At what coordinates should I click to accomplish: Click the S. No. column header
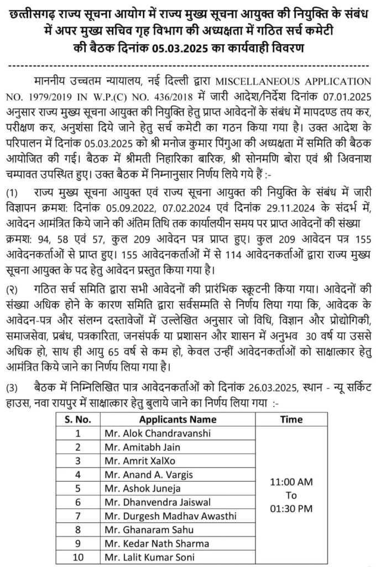pos(78,419)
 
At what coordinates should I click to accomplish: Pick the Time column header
pos(291,419)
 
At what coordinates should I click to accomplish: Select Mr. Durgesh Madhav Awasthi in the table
pos(170,516)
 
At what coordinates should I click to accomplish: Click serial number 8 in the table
pos(78,530)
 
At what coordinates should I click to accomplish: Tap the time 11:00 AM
pos(291,482)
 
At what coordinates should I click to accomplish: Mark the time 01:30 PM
pos(291,507)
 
